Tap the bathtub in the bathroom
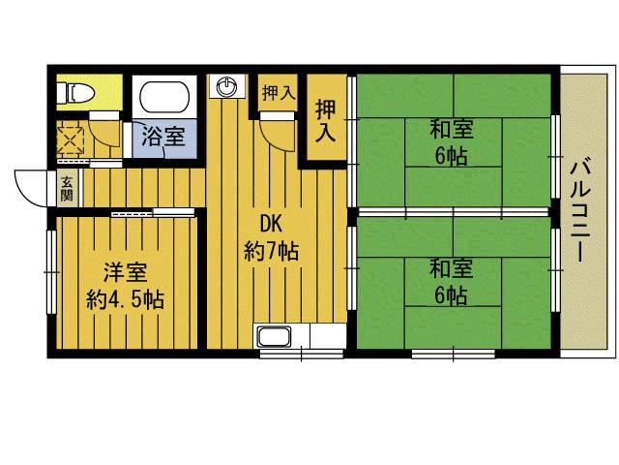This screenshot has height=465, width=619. pyautogui.click(x=164, y=97)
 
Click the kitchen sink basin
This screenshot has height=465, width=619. pyautogui.click(x=274, y=336)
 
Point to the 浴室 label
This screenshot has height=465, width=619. pyautogui.click(x=163, y=136)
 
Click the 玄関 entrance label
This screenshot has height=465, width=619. pyautogui.click(x=67, y=189)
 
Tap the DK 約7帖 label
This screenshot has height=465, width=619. pyautogui.click(x=271, y=238)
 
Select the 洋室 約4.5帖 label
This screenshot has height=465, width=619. pyautogui.click(x=126, y=286)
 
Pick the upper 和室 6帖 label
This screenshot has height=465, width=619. pyautogui.click(x=452, y=142)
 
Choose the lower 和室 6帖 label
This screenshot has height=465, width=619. pyautogui.click(x=452, y=281)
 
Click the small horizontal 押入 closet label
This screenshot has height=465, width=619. pyautogui.click(x=279, y=93)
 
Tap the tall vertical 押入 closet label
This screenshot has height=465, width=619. pyautogui.click(x=326, y=120)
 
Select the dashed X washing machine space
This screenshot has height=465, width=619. pyautogui.click(x=71, y=139)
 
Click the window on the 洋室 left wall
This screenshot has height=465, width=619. pyautogui.click(x=51, y=272)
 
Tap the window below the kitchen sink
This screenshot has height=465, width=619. pyautogui.click(x=302, y=354)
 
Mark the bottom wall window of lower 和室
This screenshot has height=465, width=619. pyautogui.click(x=454, y=354)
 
